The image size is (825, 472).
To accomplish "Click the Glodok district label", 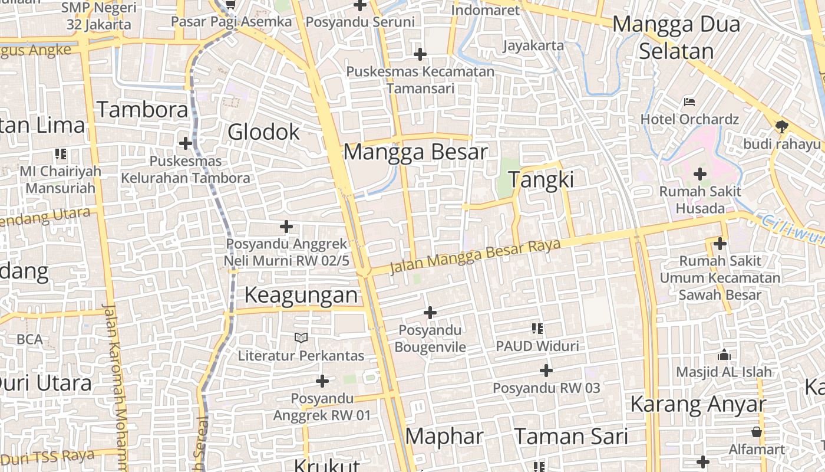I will [263, 132].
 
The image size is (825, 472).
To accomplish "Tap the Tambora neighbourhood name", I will [143, 110].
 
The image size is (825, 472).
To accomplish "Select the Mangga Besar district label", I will [415, 152].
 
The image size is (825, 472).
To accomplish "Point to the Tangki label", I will [541, 179].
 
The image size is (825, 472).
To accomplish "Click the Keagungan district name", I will [301, 295].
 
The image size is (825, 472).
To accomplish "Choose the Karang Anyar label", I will [698, 405].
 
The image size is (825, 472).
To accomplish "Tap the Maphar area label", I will [444, 437].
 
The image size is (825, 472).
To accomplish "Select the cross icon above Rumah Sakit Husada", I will [700, 174].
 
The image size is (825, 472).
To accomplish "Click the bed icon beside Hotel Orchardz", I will [689, 102].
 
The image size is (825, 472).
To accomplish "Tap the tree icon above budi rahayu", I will [781, 126].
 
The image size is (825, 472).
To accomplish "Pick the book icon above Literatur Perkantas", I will [301, 338].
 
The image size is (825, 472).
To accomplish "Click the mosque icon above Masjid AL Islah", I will [724, 355].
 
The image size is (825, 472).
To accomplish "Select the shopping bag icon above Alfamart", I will [757, 432].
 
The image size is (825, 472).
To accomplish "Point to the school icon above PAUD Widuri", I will [537, 329].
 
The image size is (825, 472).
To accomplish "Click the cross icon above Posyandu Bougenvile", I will [430, 312].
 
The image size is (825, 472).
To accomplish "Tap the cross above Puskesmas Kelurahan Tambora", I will [186, 143].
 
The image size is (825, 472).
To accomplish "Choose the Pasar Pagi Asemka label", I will [232, 22].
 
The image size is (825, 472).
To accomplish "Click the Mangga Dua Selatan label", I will [676, 38].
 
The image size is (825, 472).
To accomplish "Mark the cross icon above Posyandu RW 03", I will [546, 371].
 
